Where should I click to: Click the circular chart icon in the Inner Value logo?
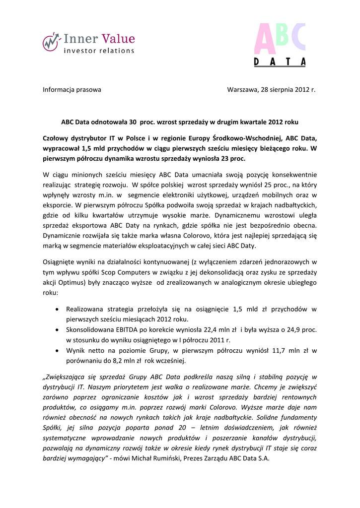tap(51, 42)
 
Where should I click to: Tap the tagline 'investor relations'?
tap(99, 51)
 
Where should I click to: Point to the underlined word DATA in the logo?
tap(280, 63)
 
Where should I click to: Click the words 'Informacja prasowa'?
tap(72, 90)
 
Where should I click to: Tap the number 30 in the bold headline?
tap(133, 121)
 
